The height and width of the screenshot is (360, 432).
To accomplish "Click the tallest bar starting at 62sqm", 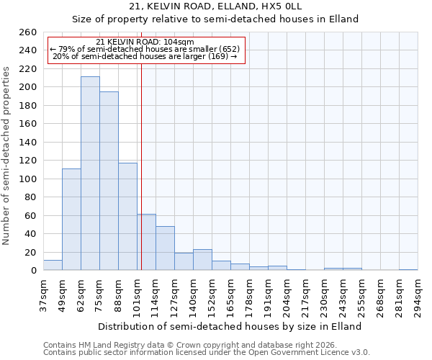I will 90,174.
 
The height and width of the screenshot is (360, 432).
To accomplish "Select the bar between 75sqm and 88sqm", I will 109,181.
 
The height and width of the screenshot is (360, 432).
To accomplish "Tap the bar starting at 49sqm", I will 71,220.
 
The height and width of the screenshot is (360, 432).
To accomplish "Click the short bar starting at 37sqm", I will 53,265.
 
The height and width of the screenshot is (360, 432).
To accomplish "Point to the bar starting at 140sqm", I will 202,260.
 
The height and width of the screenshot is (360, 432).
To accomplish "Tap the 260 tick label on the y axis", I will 28,32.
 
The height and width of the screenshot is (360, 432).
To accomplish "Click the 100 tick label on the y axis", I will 28,179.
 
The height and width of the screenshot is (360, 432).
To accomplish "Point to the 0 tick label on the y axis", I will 33,271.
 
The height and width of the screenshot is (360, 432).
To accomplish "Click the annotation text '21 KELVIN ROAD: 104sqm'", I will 145,42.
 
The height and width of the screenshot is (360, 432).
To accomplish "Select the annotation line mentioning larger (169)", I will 145,56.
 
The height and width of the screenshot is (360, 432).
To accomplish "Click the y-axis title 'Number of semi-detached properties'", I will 7,156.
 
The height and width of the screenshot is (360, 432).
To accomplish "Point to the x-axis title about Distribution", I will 230,326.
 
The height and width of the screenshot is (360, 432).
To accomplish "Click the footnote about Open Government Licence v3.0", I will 207,352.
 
